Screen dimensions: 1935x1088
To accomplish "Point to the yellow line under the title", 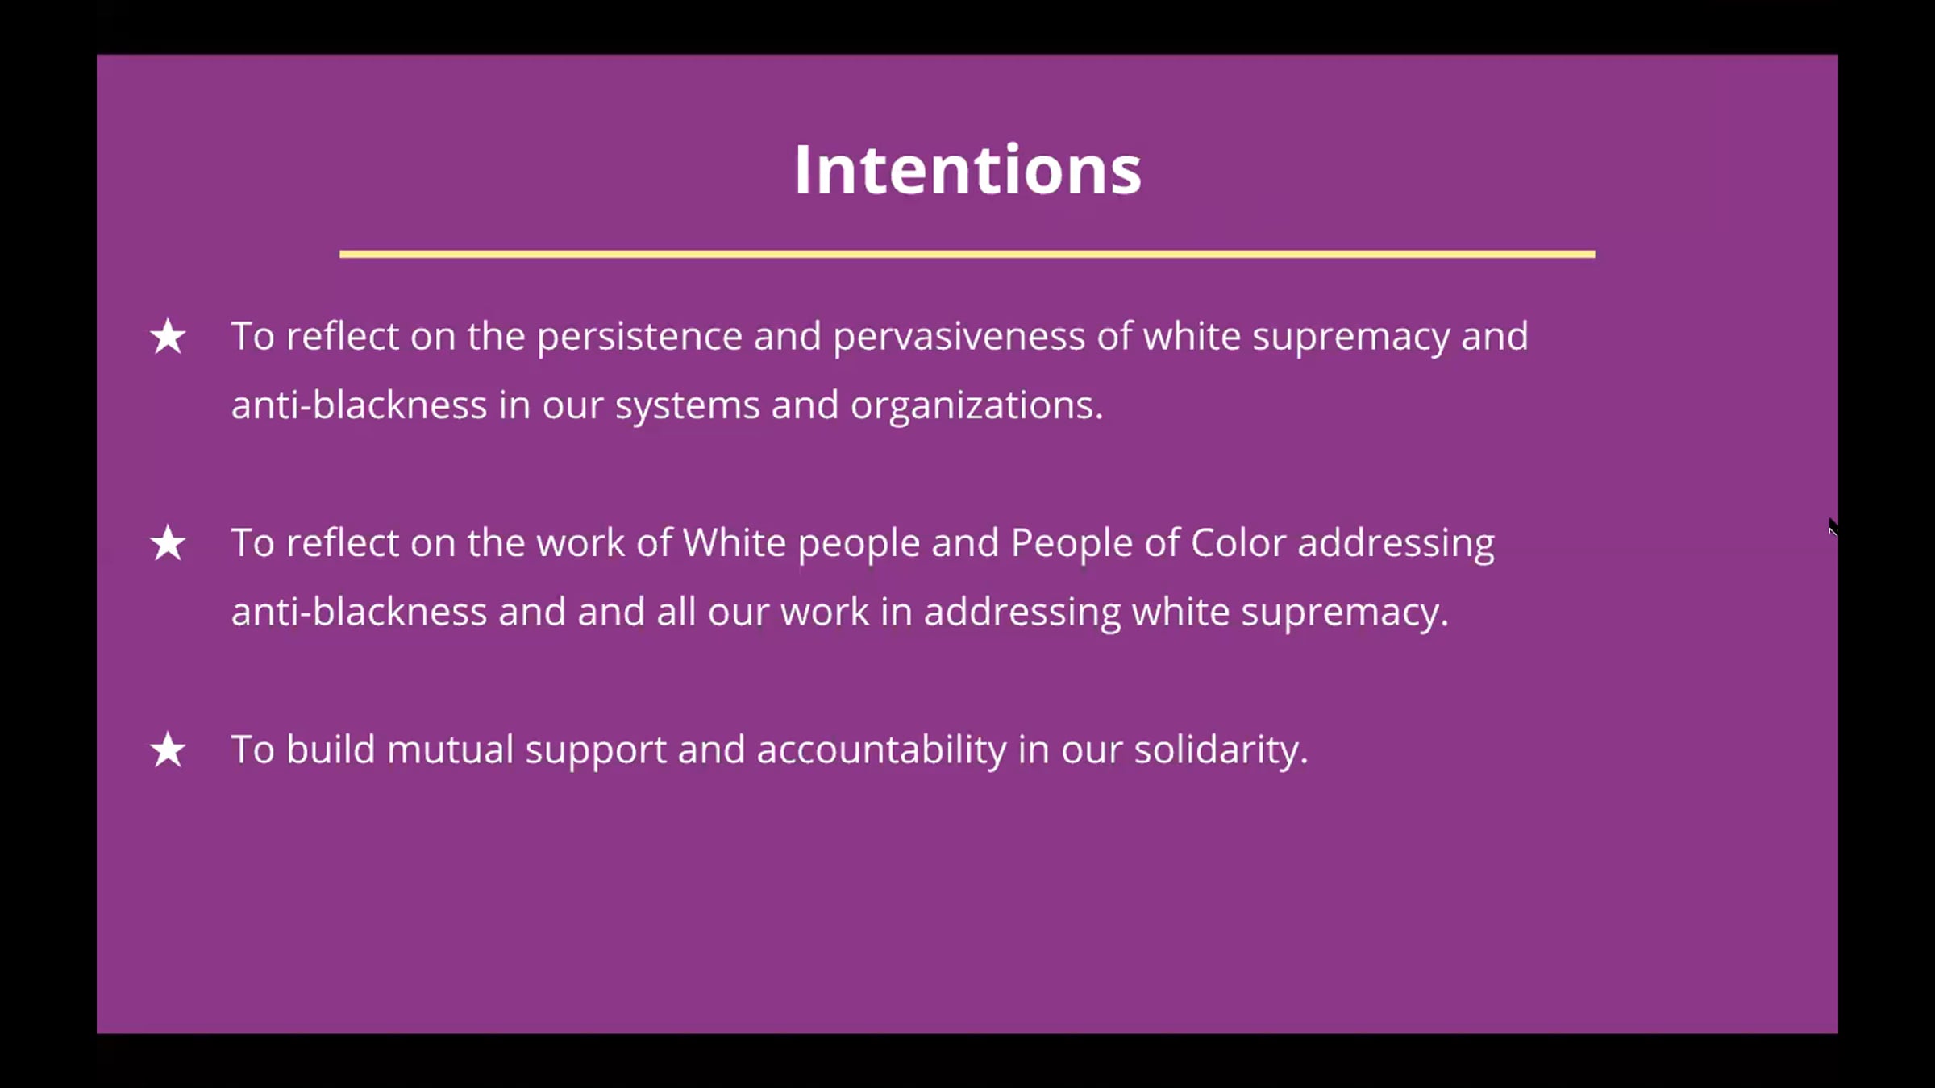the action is click(967, 254).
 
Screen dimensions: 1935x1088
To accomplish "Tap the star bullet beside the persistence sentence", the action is click(168, 336).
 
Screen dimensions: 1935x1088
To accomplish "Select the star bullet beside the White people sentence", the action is click(168, 543).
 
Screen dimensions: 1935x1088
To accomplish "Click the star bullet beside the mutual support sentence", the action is click(168, 750).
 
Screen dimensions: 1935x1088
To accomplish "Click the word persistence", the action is click(639, 337).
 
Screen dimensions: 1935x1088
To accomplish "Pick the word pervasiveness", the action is click(959, 337).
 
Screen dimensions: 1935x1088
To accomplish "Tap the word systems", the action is click(688, 406).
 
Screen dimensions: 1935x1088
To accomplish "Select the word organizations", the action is click(976, 406).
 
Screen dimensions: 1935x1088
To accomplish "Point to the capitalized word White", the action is click(734, 543).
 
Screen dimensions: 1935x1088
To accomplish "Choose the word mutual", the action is click(450, 750).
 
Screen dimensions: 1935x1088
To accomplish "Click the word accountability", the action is click(881, 752).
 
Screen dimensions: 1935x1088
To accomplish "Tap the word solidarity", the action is click(1221, 752).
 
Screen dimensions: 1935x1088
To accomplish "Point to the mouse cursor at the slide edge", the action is click(1833, 529).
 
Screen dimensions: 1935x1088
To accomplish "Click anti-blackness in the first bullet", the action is click(359, 405).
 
